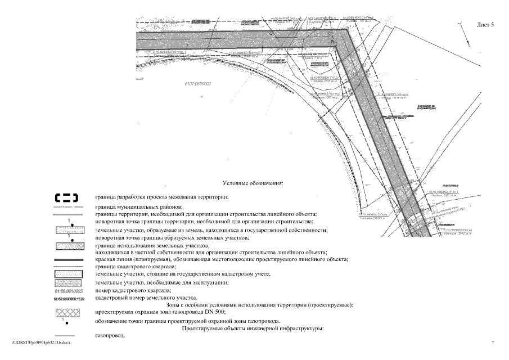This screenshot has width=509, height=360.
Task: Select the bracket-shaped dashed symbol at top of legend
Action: (66, 197)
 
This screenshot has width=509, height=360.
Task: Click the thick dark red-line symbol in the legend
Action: (66, 260)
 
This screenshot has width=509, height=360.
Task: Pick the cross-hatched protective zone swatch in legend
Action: (66, 312)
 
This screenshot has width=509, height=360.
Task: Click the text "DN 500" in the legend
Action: (215, 312)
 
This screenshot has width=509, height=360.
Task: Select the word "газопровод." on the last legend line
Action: (110, 335)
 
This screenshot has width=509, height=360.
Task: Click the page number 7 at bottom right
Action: (492, 342)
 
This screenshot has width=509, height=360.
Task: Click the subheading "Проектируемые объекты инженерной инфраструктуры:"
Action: (252, 327)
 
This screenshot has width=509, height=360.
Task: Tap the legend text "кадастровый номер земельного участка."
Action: (146, 297)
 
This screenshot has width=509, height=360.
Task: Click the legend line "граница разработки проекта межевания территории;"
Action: (162, 197)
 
